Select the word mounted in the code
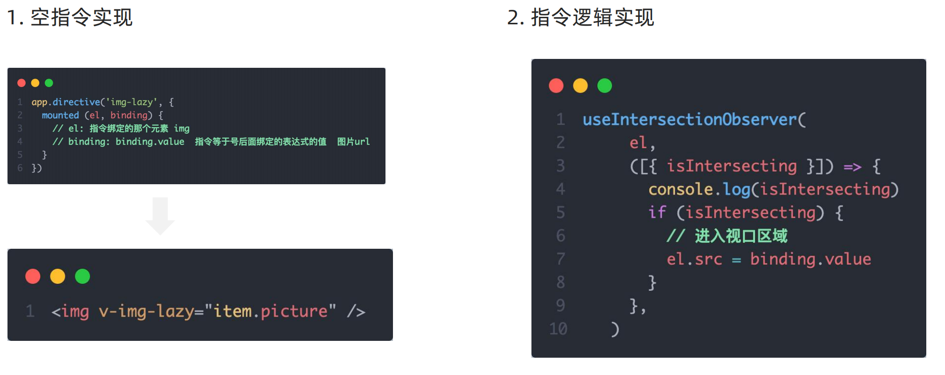point(60,115)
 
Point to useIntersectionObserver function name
point(690,119)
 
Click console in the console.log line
point(681,189)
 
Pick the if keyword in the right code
point(657,213)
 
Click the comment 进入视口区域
point(741,236)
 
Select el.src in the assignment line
point(694,259)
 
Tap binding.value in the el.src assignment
point(810,259)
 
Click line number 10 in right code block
point(558,329)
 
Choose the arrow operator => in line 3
point(852,166)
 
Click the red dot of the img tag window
point(33,276)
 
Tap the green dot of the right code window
point(604,86)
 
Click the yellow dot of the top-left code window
point(35,83)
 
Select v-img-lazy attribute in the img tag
point(146,311)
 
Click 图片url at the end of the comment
point(353,141)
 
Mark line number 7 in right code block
point(560,259)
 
